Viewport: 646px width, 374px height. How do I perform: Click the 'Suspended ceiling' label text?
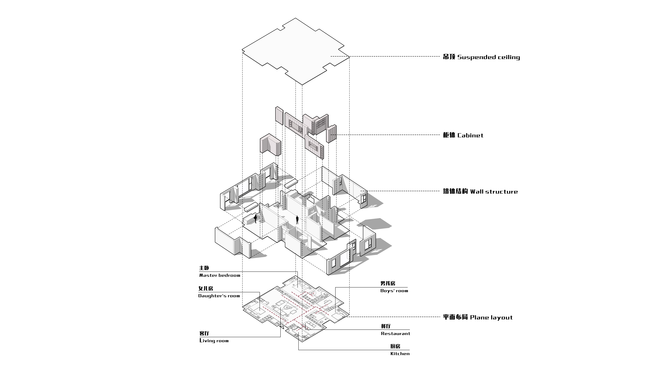(x=489, y=57)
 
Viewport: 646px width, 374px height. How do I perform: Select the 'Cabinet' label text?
(x=470, y=135)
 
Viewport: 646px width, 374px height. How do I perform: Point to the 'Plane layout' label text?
(x=491, y=317)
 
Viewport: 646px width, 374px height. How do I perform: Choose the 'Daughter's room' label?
(x=219, y=296)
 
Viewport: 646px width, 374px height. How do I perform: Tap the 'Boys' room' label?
(x=394, y=291)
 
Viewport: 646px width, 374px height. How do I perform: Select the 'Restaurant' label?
(x=395, y=334)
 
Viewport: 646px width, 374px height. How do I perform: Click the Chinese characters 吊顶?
(x=449, y=57)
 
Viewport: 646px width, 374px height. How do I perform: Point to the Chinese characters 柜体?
(x=449, y=135)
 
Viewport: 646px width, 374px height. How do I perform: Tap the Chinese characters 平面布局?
(x=456, y=317)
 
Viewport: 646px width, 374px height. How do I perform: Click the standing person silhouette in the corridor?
(x=297, y=220)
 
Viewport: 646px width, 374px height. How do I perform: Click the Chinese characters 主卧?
(x=204, y=268)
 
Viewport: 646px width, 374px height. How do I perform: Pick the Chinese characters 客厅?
(x=204, y=333)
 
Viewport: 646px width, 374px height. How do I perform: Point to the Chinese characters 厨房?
(x=395, y=346)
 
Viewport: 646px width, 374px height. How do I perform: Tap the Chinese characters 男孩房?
(x=388, y=283)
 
